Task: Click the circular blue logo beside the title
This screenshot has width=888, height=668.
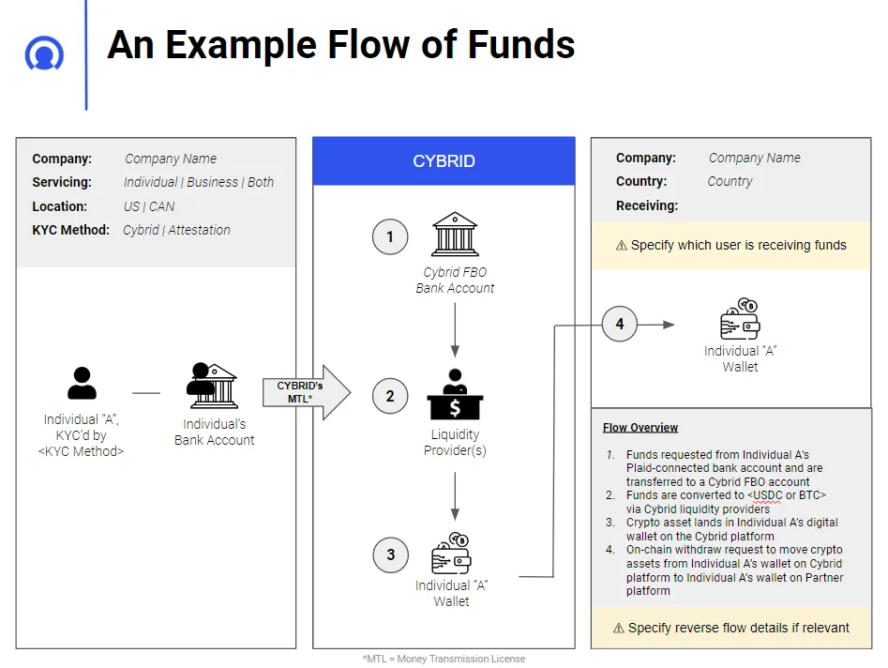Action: click(44, 53)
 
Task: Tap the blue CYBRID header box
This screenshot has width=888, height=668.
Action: click(444, 160)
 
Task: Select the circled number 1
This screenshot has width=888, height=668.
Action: click(390, 236)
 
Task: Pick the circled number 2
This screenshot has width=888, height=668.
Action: click(390, 396)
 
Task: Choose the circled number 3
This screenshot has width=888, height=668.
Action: click(390, 554)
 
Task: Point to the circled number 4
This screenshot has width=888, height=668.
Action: click(619, 325)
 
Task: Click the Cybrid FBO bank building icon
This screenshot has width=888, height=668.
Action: click(455, 235)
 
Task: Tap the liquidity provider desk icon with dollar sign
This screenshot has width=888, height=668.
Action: click(455, 395)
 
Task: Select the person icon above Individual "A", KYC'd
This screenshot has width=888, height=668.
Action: click(83, 383)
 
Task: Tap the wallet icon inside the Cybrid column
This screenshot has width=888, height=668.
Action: click(453, 554)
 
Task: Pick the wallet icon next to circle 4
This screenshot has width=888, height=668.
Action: click(739, 320)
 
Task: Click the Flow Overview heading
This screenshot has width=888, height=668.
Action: click(640, 428)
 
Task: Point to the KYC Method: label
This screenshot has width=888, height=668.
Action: click(70, 230)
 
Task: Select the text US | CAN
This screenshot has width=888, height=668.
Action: click(149, 206)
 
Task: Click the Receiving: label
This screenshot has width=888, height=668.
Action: click(647, 205)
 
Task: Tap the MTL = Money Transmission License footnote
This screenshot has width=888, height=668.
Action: click(444, 659)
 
